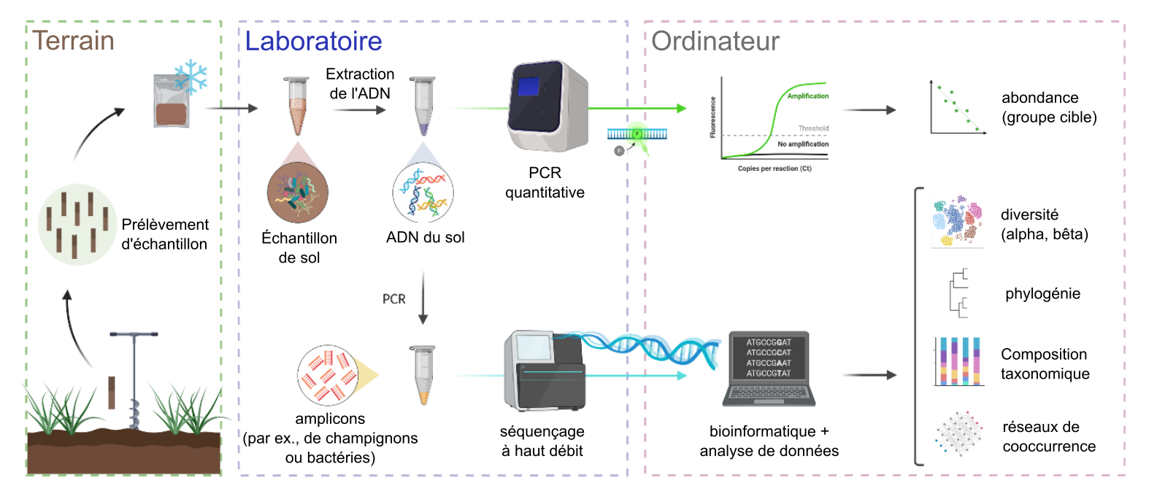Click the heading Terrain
73,41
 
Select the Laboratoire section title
314,41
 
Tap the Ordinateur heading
715,41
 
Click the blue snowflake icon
191,77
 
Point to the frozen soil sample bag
171,101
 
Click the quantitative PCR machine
547,106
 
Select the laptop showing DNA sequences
769,368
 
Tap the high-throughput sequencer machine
545,371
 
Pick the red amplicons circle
328,375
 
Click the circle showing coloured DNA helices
423,193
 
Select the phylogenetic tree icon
958,293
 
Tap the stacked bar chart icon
958,361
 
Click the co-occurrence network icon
958,433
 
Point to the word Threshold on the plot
813,128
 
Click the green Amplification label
808,96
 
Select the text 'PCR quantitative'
545,182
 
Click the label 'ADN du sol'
426,237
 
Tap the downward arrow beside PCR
423,298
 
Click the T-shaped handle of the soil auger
134,334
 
